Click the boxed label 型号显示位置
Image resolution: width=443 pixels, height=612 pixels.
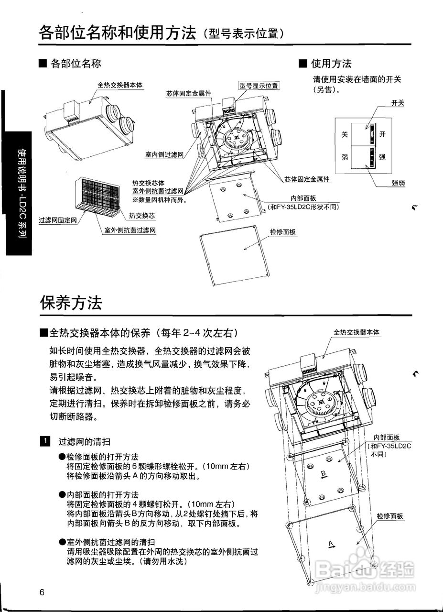259,86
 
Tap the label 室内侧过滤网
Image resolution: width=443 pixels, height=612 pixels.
164,155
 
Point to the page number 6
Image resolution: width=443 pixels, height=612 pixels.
42,593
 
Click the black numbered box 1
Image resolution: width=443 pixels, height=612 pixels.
44,441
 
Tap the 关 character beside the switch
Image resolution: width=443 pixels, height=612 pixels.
344,135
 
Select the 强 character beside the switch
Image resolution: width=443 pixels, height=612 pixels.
382,156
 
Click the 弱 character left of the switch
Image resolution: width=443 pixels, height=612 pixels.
344,156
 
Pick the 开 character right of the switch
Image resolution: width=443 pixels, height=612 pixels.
382,135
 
